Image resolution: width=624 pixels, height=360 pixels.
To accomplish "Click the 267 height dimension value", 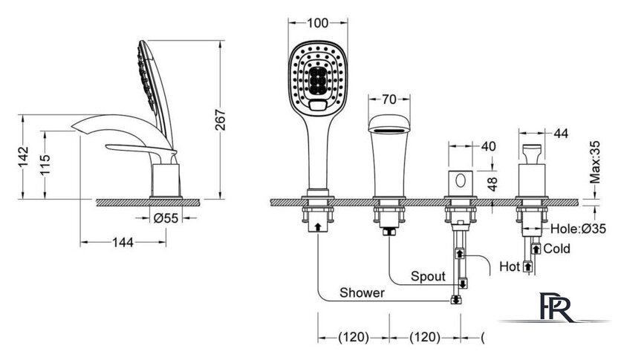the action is pos(220,120).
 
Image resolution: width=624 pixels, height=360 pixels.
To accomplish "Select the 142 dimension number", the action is pos(24,157).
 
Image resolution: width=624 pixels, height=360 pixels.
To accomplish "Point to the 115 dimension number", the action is pos(45,164).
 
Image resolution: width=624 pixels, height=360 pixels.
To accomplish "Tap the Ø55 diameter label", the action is pos(166,218).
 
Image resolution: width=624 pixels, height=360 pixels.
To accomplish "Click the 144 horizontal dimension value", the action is pos(123,242).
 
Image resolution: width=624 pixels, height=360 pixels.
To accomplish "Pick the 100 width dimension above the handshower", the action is pos(318,23).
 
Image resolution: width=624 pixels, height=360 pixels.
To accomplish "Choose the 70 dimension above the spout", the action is pos(389,99).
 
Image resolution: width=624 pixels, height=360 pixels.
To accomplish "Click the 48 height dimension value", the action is pos(493,184).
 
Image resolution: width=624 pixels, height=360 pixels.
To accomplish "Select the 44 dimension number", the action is pos(561,134).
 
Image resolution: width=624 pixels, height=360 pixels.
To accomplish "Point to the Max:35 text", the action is pos(594,162).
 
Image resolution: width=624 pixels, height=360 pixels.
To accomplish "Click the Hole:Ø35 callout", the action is pos(578,229).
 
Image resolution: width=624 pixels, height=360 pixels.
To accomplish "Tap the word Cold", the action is pos(556,249).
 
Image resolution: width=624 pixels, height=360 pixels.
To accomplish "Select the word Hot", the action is pos(510,266).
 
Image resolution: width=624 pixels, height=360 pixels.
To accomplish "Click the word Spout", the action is pos(428,276).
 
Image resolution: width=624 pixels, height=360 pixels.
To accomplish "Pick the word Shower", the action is pos(363,292).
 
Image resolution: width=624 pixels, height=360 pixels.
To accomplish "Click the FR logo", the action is pos(556,307).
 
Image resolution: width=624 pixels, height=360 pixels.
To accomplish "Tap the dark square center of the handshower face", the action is pos(318,81).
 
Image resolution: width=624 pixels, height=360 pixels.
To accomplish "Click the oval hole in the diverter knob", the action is pos(461,180).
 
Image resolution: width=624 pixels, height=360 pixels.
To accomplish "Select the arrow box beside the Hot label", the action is pos(527,266).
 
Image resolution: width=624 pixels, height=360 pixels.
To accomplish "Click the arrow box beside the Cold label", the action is pos(536,249).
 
